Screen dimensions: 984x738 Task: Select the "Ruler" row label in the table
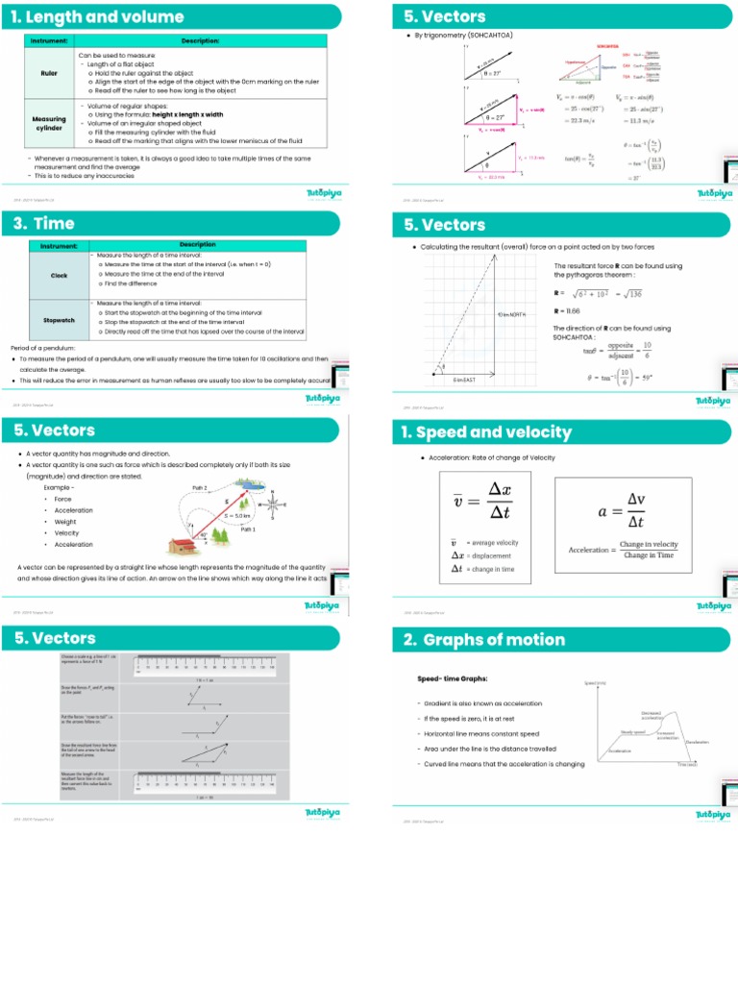(48, 72)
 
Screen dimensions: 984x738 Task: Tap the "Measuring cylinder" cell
(49, 124)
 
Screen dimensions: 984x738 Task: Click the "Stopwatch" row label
(59, 320)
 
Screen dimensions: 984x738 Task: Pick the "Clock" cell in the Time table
(59, 276)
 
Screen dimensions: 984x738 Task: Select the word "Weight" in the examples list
(64, 522)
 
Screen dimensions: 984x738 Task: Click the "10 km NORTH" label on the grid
(511, 314)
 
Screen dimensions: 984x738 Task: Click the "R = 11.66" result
(567, 311)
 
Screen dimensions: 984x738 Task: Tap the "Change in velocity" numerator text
(649, 544)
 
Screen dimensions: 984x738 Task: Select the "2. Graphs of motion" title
(484, 640)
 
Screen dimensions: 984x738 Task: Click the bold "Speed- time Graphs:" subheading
(453, 678)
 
